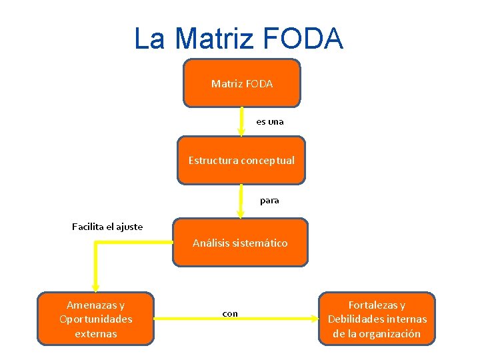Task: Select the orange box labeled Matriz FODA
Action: (x=241, y=83)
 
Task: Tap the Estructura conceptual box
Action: (x=241, y=160)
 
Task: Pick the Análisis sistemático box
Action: (x=240, y=243)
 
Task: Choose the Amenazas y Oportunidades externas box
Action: (x=95, y=319)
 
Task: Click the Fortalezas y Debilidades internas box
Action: (x=377, y=319)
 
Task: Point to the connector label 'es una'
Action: (x=269, y=121)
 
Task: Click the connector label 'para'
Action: (x=269, y=200)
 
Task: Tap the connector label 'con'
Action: (x=229, y=313)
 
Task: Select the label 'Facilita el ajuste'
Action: (x=107, y=227)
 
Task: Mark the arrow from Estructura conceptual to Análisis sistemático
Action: (x=241, y=200)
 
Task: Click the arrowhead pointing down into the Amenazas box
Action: (x=95, y=287)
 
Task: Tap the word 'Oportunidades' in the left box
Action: (x=95, y=319)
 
